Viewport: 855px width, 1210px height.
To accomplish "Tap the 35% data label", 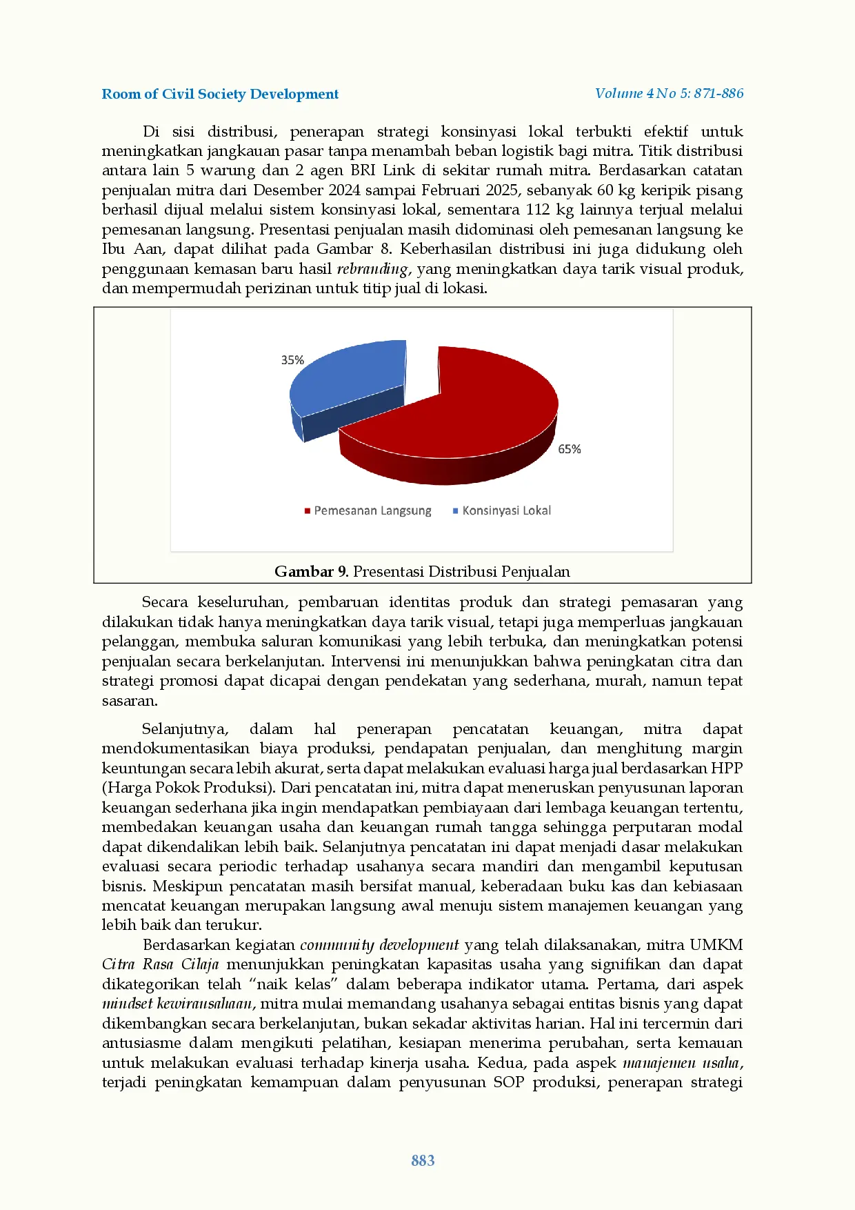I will [292, 360].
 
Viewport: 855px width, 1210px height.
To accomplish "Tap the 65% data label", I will [570, 449].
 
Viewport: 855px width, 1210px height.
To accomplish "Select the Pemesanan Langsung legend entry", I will [372, 510].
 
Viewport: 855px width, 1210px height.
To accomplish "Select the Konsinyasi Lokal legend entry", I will [506, 510].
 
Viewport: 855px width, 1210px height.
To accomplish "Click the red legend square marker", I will [308, 511].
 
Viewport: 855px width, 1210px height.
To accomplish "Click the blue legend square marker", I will [455, 511].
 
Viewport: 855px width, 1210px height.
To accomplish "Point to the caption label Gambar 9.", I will [312, 571].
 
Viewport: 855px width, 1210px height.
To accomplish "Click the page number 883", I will [423, 1160].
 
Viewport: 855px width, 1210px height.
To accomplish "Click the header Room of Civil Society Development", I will [220, 94].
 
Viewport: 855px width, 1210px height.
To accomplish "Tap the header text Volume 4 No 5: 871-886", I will [669, 93].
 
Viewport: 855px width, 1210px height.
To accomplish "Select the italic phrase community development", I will [379, 945].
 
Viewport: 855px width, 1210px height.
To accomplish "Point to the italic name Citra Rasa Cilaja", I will [160, 964].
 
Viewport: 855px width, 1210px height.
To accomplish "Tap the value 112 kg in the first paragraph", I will [547, 210].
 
